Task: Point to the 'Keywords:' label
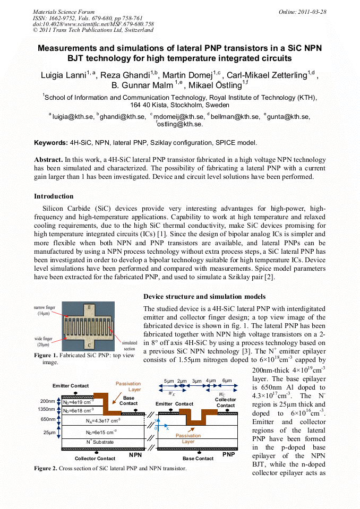pyautogui.click(x=50, y=143)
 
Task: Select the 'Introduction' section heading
pyautogui.click(x=54, y=196)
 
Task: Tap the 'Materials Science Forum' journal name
pyautogui.click(x=64, y=12)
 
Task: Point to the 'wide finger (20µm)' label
pyautogui.click(x=44, y=341)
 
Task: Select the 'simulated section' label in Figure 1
pyautogui.click(x=129, y=346)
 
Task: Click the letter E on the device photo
pyautogui.click(x=89, y=308)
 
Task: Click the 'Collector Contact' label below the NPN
pyautogui.click(x=95, y=458)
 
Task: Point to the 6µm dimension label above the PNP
pyautogui.click(x=227, y=381)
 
